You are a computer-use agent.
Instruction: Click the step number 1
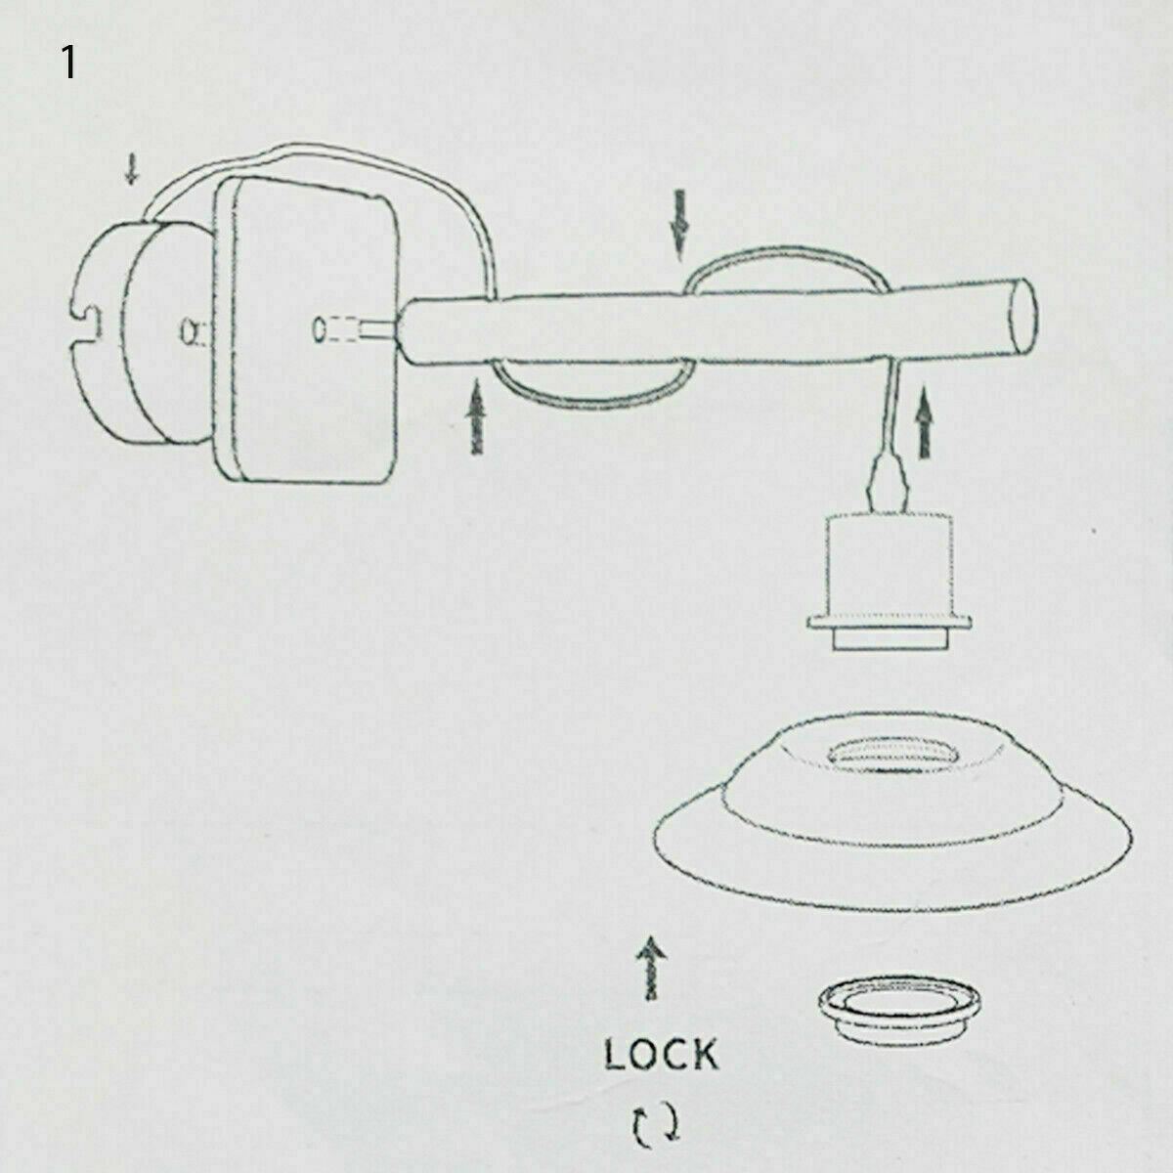[x=67, y=63]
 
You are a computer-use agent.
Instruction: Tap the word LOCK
[x=661, y=1055]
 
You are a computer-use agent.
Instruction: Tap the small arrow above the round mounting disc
[x=131, y=172]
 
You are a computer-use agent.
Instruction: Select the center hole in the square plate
[x=320, y=330]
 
